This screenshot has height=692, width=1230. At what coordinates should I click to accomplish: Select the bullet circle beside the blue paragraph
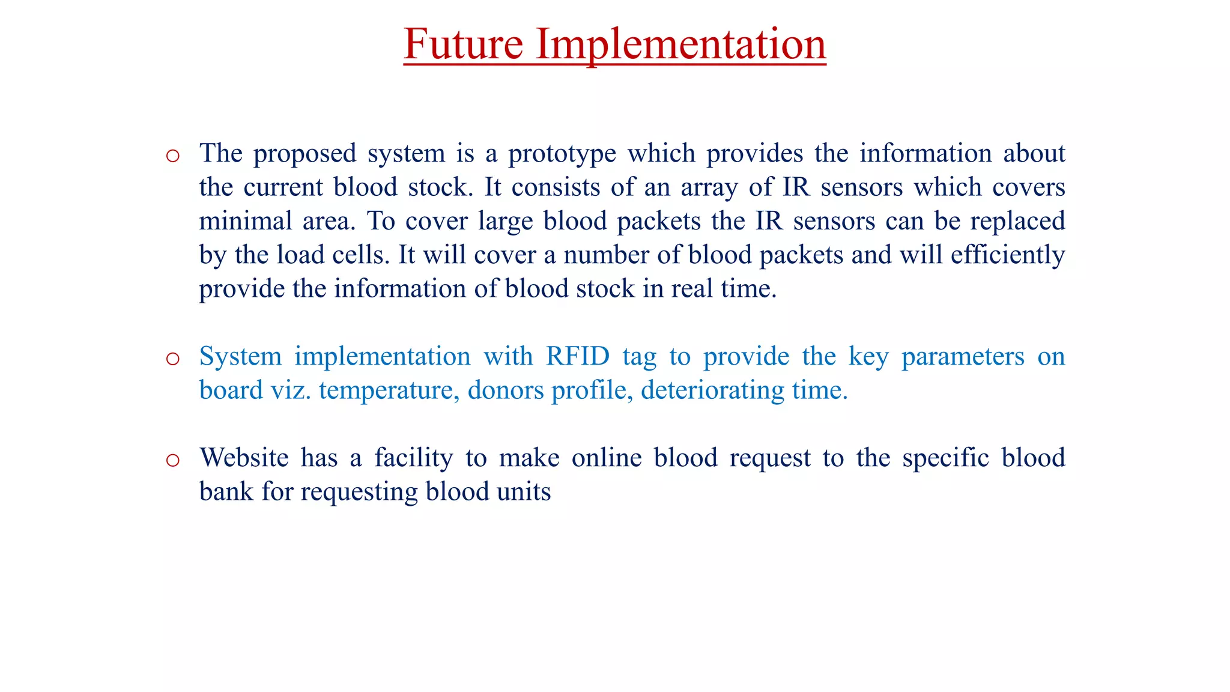click(173, 359)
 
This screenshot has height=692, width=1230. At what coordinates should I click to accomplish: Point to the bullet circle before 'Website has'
click(173, 461)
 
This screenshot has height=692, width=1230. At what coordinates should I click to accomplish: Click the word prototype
click(562, 154)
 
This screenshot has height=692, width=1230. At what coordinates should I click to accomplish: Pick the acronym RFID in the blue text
click(577, 356)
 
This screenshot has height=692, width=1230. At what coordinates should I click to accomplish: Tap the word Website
click(244, 458)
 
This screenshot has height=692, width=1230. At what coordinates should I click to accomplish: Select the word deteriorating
click(712, 390)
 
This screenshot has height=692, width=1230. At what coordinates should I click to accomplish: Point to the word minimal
click(245, 221)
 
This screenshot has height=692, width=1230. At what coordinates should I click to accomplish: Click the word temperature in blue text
click(389, 390)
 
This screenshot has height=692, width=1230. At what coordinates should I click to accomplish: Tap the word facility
click(414, 458)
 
